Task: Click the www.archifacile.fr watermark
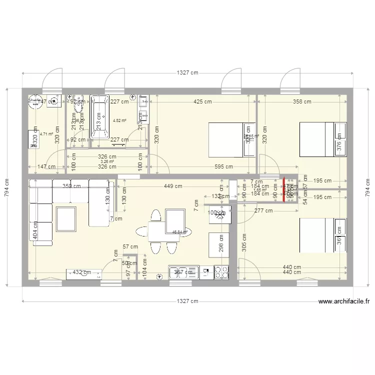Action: point(343,301)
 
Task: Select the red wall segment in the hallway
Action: point(283,190)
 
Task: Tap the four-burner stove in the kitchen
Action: point(221,272)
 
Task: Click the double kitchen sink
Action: point(178,272)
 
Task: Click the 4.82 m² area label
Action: point(119,120)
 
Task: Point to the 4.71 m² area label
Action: point(46,134)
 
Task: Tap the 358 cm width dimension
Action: point(301,101)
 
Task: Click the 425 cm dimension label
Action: point(202,101)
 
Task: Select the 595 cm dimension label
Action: point(223,167)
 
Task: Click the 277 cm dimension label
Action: point(263,210)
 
